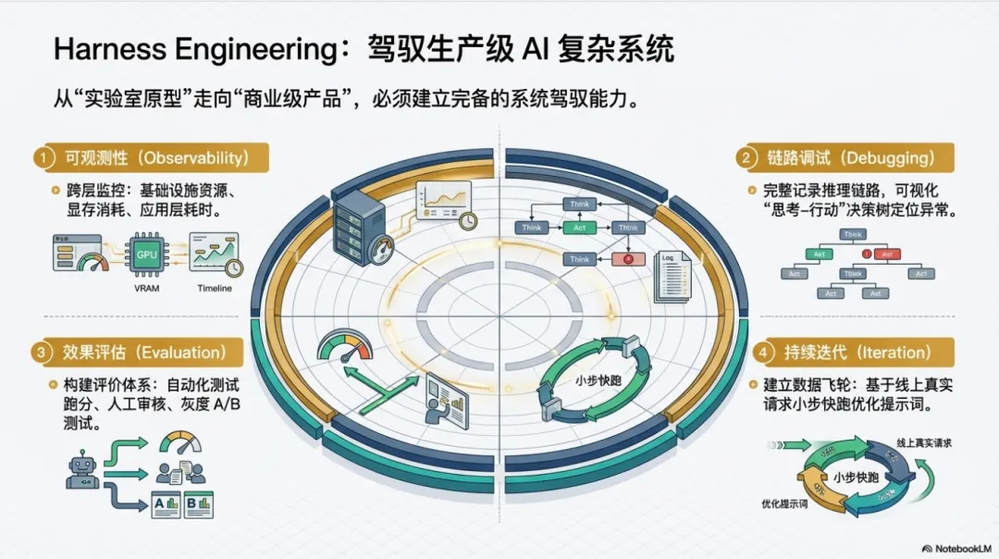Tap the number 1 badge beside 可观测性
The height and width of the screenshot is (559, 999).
42,157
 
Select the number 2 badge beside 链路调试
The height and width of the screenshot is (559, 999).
744,157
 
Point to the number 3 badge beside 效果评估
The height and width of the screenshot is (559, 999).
42,353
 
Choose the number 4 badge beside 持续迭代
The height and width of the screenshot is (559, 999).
762,353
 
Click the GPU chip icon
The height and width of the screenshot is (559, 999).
146,254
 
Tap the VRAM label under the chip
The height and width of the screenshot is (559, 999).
146,288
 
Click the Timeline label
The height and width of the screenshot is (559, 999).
215,288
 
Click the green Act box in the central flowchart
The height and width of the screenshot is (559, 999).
580,227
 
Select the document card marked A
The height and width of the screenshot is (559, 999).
168,504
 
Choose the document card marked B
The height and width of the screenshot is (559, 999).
199,504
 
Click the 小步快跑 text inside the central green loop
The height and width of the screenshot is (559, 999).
591,379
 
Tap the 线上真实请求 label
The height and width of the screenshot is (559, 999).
923,443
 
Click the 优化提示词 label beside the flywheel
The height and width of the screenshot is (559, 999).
784,504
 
